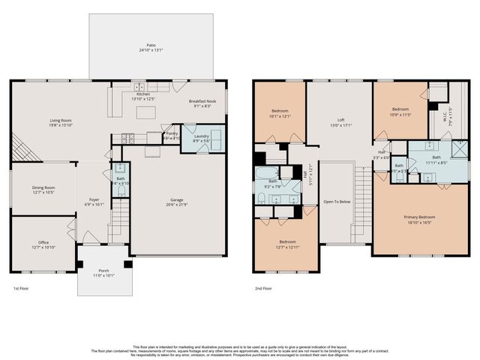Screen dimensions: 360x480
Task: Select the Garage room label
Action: [177, 200]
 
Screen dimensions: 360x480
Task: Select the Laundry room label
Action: [201, 136]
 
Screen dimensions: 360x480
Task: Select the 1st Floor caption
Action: [20, 288]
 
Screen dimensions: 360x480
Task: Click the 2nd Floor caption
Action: [262, 288]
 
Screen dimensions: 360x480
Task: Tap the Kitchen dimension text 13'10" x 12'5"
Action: [142, 99]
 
